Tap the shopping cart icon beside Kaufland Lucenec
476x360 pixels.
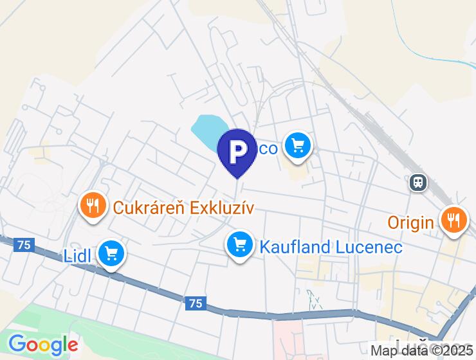pos(240,245)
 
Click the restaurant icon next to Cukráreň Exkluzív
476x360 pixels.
pos(94,206)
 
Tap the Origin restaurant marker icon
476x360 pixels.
pos(454,220)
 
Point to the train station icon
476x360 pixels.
pos(419,183)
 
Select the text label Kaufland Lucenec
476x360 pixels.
pos(331,247)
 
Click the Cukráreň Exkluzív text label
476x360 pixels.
pos(184,208)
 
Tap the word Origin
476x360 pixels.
pos(410,223)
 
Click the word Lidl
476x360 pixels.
pos(77,256)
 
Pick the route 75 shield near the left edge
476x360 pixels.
pos(24,244)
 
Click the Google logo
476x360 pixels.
pos(43,345)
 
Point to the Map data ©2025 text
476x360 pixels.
pos(421,351)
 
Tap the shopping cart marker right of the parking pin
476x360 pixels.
pos(297,146)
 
